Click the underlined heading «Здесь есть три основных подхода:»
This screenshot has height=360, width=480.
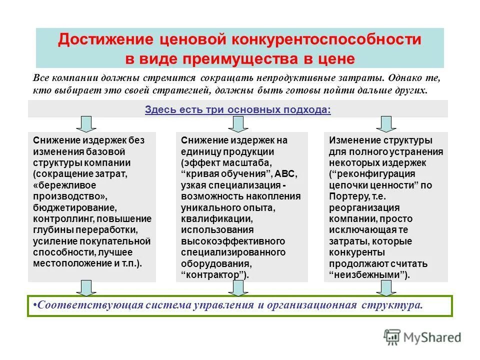(237, 109)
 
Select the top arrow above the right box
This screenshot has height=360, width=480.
(385, 124)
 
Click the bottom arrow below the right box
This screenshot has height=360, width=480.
(385, 287)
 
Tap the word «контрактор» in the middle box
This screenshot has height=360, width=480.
(213, 275)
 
